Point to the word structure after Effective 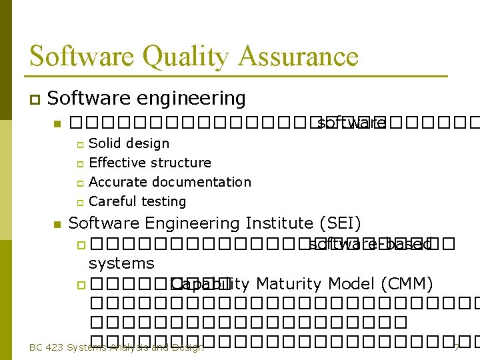pos(183,163)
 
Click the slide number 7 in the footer pos(457,347)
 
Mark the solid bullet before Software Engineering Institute pos(57,224)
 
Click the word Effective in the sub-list pos(117,163)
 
